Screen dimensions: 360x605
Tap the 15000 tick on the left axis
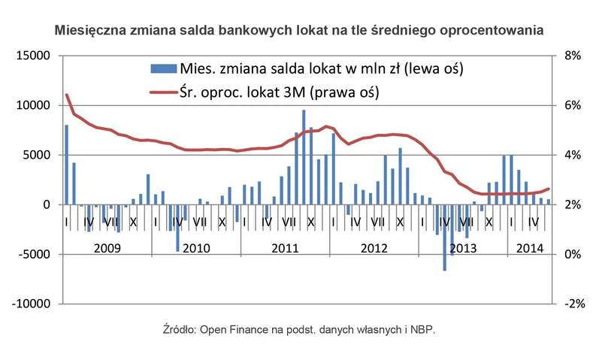pos(34,56)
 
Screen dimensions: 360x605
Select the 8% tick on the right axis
pos(573,56)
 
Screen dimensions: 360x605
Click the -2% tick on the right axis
pos(575,304)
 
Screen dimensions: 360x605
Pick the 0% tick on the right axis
pos(573,254)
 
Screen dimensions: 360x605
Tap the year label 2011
pos(286,247)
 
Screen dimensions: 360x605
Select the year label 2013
pos(464,247)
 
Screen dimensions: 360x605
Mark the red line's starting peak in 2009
pos(67,95)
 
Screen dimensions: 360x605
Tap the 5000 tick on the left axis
pos(37,155)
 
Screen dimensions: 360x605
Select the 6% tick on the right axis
pos(573,105)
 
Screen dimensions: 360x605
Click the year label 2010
pos(195,247)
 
